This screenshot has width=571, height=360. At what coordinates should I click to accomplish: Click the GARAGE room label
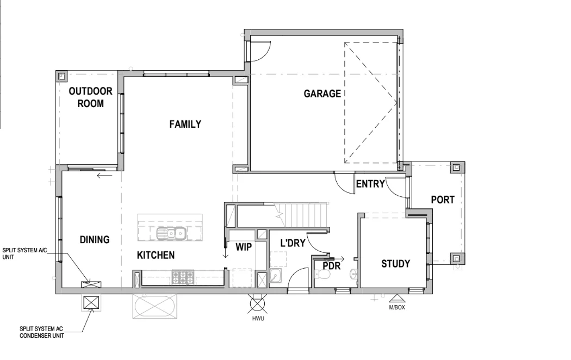click(322, 94)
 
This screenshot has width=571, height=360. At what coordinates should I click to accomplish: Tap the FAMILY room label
click(185, 124)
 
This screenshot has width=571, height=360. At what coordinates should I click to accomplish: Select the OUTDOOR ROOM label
click(90, 97)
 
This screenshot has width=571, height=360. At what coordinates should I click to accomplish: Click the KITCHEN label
click(156, 255)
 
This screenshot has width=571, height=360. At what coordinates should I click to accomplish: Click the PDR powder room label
click(331, 266)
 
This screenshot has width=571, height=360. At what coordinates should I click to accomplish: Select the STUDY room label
click(395, 264)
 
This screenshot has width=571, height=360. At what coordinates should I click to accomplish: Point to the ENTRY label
click(370, 184)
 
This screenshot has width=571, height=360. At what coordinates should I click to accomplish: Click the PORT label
click(443, 200)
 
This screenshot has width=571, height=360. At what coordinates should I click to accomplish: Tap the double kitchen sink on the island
click(171, 234)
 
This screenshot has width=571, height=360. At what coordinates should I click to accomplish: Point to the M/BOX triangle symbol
click(395, 298)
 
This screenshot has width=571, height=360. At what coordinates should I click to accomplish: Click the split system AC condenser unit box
click(91, 302)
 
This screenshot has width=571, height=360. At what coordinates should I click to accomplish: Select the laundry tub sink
click(276, 277)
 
